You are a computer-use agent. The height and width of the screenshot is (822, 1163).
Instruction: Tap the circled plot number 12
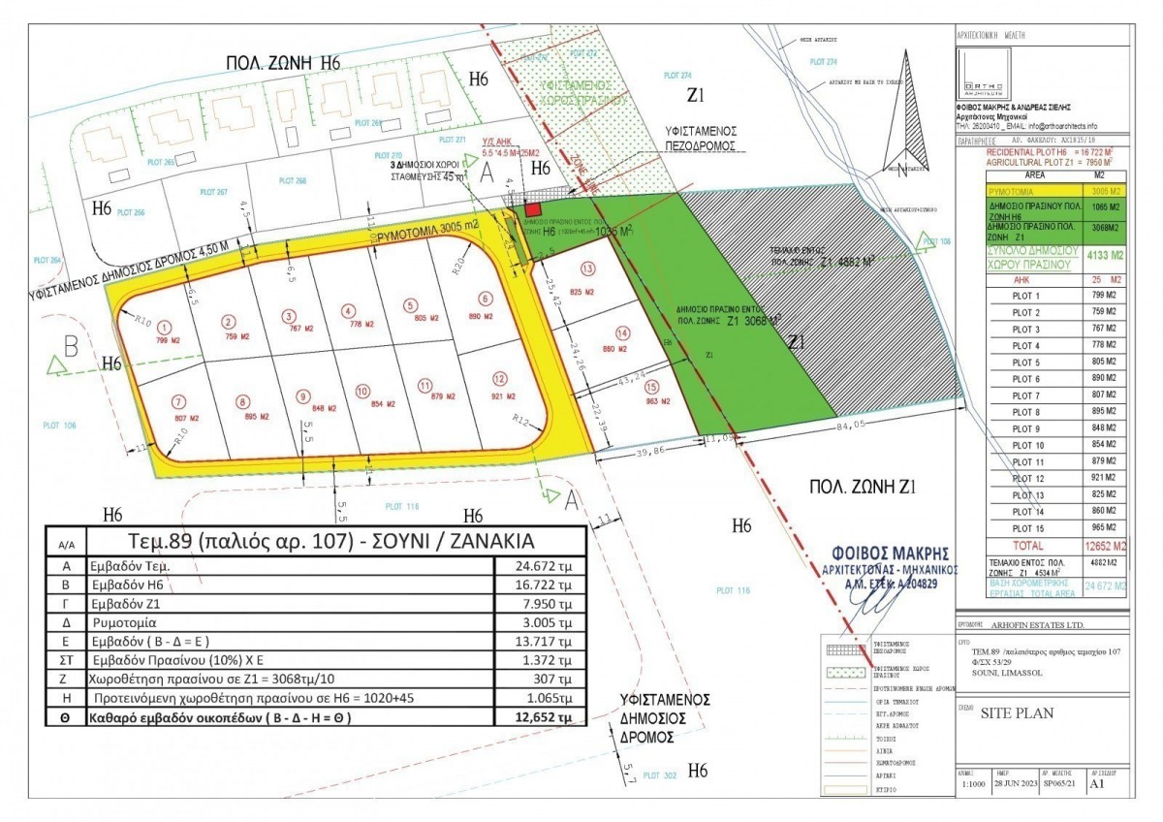click(x=499, y=379)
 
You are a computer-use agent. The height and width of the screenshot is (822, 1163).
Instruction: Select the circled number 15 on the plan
click(x=625, y=386)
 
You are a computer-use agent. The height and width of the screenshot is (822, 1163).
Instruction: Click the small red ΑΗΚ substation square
click(x=531, y=209)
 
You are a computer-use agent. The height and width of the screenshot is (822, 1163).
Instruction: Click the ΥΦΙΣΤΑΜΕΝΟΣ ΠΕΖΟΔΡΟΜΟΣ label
click(x=702, y=137)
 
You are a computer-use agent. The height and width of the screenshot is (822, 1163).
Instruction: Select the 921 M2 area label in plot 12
click(x=499, y=395)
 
